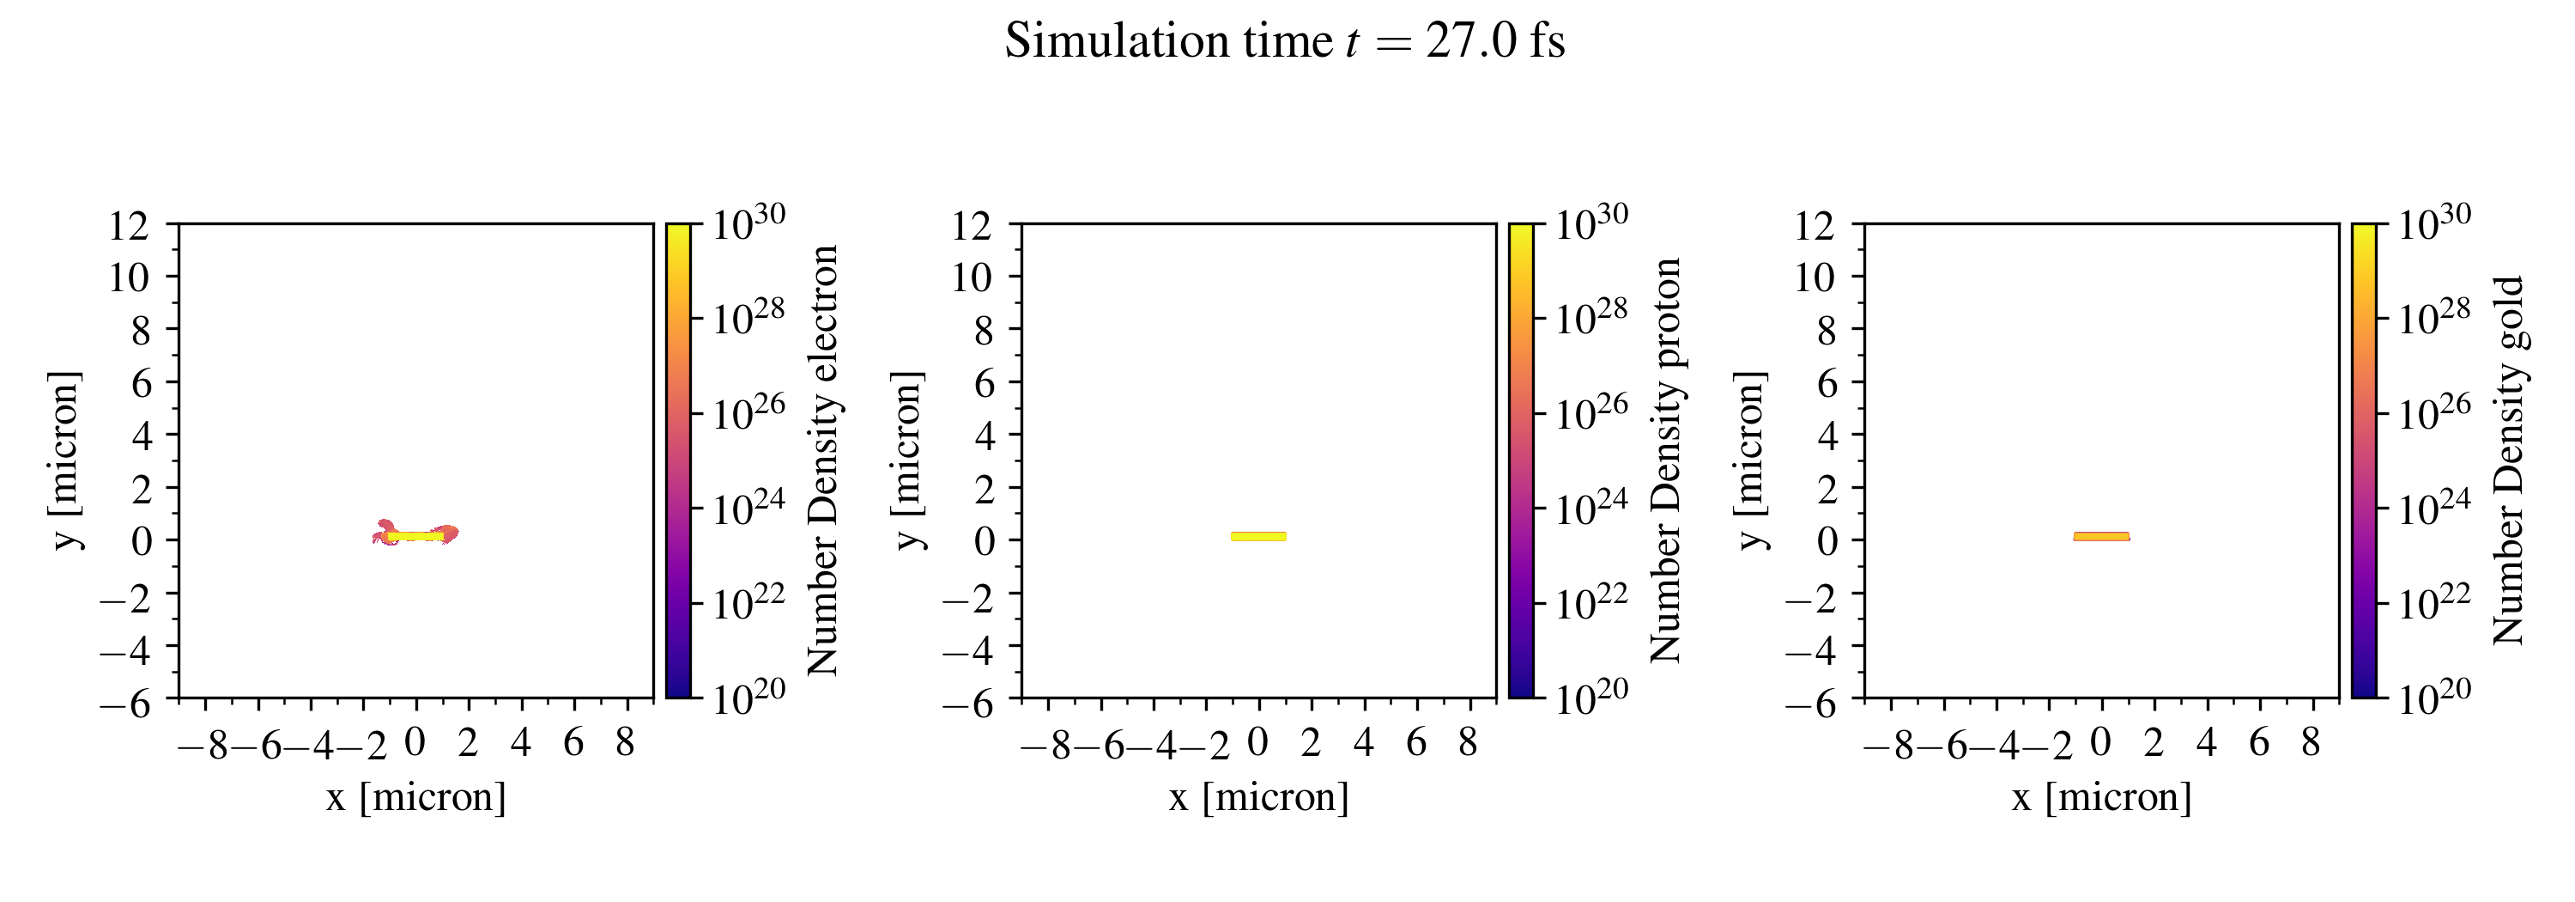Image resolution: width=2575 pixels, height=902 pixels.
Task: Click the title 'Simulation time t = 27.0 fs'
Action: tap(1285, 42)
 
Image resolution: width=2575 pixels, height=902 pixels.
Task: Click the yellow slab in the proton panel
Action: tap(1257, 536)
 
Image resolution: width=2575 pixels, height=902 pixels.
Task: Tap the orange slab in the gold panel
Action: tap(2101, 536)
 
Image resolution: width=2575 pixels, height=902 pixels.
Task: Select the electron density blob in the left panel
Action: tap(415, 535)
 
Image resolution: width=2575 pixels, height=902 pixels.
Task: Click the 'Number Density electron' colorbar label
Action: tap(822, 460)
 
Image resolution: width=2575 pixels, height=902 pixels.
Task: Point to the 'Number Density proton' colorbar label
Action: tap(1665, 460)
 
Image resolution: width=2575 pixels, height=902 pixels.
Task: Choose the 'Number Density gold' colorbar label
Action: tap(2508, 460)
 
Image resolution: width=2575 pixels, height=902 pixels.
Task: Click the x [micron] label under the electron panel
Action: tap(415, 797)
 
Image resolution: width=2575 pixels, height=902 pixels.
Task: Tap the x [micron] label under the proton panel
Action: tap(1258, 797)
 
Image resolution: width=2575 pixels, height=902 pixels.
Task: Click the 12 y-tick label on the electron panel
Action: tap(129, 226)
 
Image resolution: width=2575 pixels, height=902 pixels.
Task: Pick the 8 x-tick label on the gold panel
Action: tap(2310, 743)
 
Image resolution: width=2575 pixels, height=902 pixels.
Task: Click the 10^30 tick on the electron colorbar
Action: tap(748, 220)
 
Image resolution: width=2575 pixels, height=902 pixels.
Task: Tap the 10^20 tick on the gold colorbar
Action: tap(2435, 695)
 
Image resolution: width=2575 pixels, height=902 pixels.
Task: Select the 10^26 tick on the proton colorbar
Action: tap(1591, 410)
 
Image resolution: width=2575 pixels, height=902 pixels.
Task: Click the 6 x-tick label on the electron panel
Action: tap(573, 743)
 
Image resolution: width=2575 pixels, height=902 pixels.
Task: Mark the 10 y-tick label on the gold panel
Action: tap(1815, 277)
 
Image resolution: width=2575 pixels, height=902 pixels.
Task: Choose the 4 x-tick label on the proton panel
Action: tap(1364, 743)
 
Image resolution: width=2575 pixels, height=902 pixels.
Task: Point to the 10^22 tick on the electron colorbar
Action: tap(748, 600)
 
